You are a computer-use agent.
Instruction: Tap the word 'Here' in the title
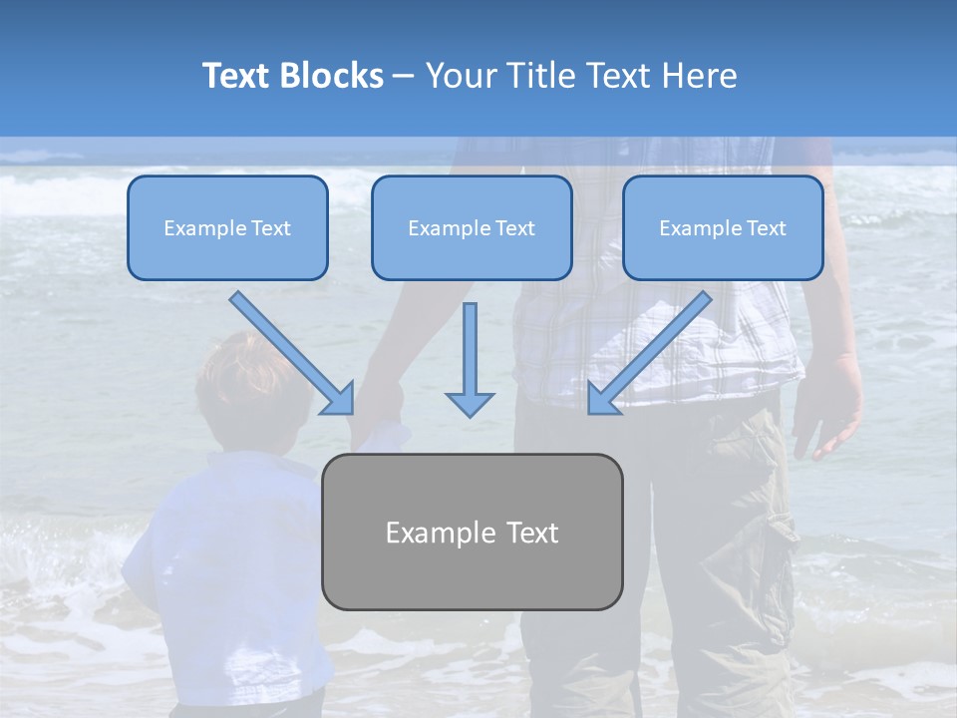click(x=698, y=76)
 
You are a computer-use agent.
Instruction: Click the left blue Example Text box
click(x=227, y=228)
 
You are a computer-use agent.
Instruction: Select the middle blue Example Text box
click(x=472, y=228)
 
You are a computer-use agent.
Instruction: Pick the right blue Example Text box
click(x=723, y=228)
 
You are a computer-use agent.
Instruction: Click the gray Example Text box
click(x=472, y=532)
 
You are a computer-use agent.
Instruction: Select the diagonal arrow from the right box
click(x=653, y=349)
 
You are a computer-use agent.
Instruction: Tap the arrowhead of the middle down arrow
click(x=470, y=403)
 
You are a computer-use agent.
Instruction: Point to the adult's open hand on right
click(x=829, y=409)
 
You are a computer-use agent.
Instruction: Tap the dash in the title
click(x=404, y=77)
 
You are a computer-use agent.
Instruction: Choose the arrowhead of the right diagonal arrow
click(x=601, y=399)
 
